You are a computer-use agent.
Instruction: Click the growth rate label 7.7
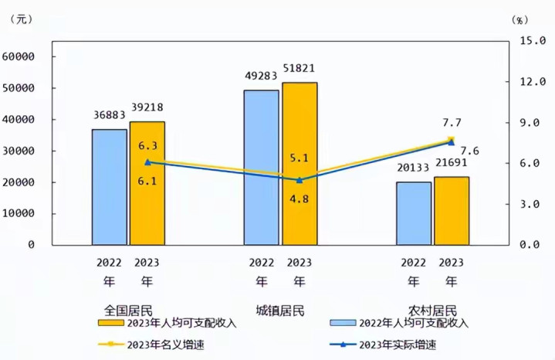tap(451, 123)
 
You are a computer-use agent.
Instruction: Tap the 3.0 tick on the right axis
tap(537, 204)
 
